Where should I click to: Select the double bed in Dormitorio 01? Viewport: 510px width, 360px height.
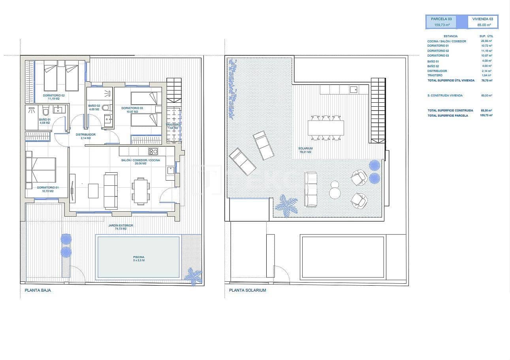(41, 170)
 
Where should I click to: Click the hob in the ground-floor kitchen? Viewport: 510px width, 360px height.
(153, 151)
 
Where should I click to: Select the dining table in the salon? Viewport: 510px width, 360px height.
(141, 191)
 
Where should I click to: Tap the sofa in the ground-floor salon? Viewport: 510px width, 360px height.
(111, 190)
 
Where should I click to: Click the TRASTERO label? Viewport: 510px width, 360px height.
(173, 126)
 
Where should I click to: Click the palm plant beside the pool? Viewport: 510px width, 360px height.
(194, 275)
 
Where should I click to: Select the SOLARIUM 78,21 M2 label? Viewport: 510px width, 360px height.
(305, 150)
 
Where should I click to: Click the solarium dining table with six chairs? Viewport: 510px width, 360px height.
(326, 128)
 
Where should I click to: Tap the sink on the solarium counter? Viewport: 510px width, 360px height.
(354, 90)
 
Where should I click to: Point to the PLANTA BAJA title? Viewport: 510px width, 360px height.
(38, 290)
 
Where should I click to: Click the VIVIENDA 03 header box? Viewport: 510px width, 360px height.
(483, 22)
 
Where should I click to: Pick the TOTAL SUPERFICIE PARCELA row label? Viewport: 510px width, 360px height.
(448, 115)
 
